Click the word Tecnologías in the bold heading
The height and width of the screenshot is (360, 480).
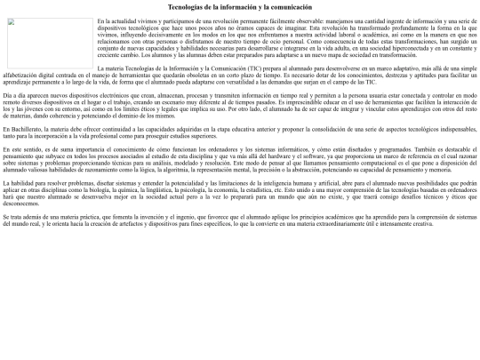click(x=186, y=6)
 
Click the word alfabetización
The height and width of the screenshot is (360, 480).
click(x=23, y=73)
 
